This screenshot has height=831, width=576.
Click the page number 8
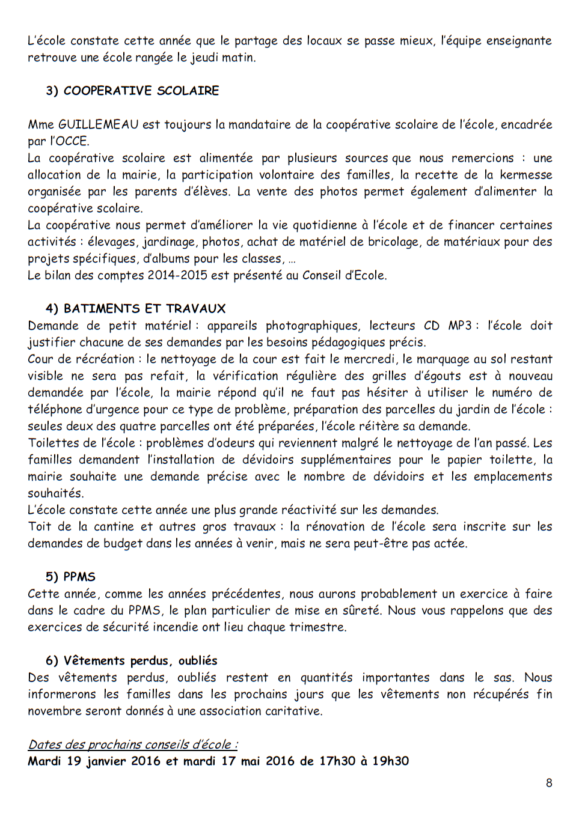tap(548, 782)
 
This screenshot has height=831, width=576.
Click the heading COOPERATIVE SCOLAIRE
tap(141, 91)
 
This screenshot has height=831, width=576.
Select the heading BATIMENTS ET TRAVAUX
tap(144, 308)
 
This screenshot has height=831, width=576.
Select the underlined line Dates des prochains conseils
tap(132, 744)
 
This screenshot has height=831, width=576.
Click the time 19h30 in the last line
tap(390, 761)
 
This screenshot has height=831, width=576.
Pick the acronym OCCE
tap(71, 141)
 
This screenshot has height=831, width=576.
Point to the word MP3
tap(460, 326)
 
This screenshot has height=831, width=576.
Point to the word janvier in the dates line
tap(105, 761)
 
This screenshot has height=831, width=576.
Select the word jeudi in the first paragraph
tap(204, 58)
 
